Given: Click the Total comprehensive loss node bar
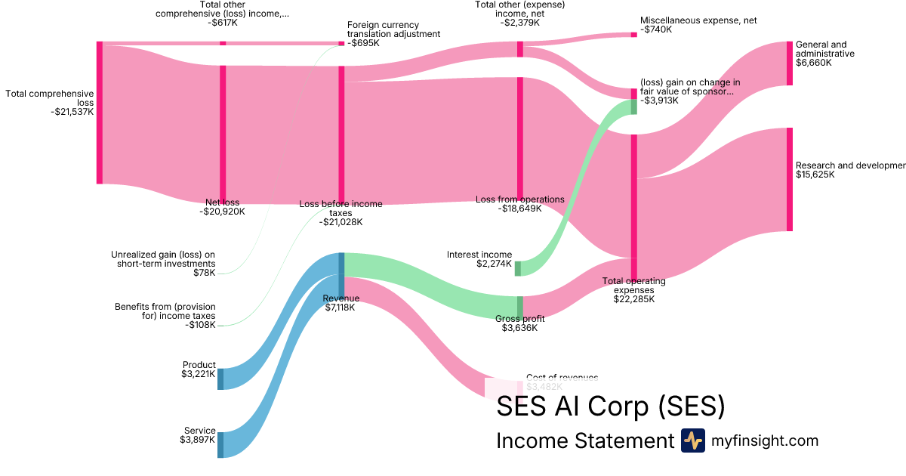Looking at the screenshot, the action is [99, 113].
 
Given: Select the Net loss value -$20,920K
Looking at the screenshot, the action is [222, 212].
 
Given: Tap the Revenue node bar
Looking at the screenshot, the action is [341, 275].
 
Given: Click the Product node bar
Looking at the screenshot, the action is [220, 379].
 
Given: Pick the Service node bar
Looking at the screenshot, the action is [220, 445].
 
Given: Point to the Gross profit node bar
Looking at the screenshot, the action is [519, 307].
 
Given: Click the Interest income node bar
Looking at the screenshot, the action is [518, 268].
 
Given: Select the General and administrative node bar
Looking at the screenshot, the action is [790, 63].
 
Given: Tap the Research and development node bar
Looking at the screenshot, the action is [790, 179].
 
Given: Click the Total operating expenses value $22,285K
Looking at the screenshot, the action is [633, 298].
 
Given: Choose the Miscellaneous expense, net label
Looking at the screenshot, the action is [698, 21].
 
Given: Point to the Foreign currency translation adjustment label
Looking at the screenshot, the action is [393, 29].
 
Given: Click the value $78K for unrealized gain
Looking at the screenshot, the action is [204, 273].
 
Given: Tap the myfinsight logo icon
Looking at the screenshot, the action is [692, 440].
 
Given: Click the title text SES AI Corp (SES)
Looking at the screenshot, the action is [610, 407].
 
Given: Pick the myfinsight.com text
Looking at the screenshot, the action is [765, 440].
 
